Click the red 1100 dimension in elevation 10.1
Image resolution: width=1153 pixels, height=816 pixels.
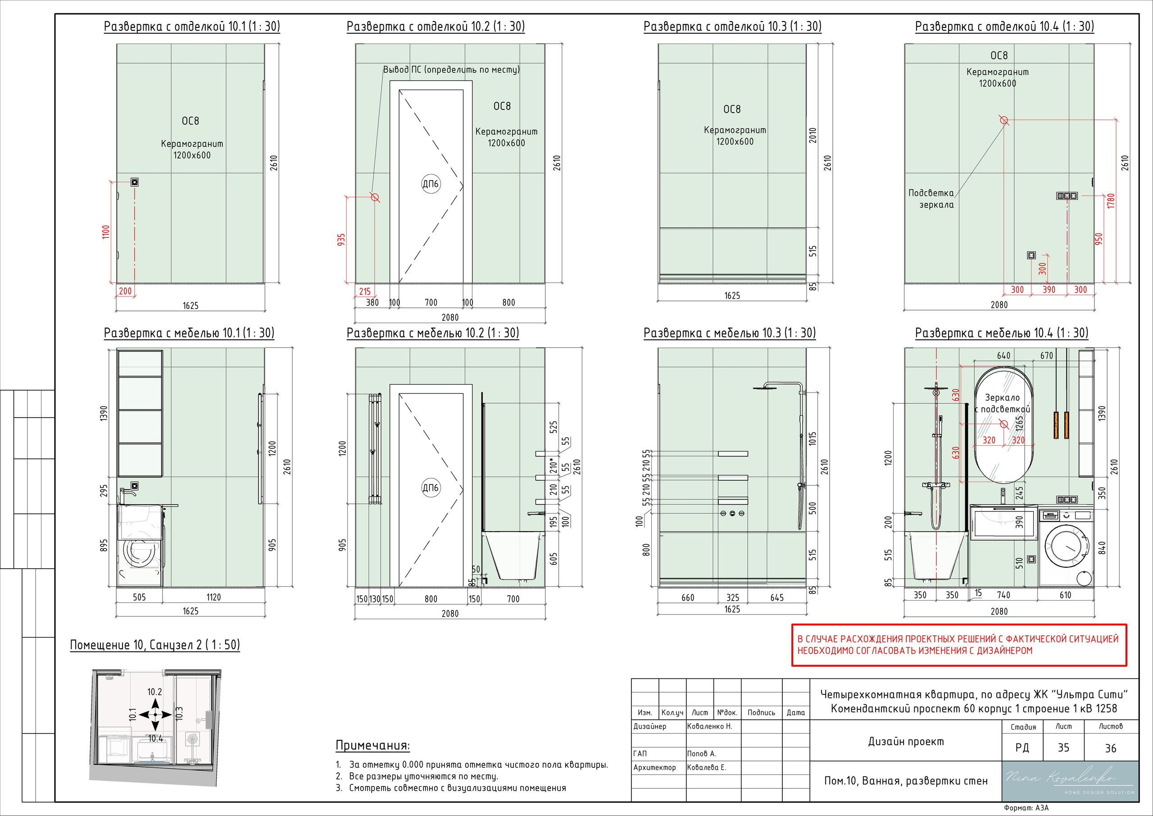point(106,232)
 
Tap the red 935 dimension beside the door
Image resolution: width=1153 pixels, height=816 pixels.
point(341,239)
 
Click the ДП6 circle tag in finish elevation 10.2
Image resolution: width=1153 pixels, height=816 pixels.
point(431,184)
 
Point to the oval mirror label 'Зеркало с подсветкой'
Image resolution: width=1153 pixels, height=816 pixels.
point(1003,403)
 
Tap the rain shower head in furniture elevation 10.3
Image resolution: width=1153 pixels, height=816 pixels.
point(765,387)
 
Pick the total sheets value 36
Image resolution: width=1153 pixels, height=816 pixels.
point(1110,748)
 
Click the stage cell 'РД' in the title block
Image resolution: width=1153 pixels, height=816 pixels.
point(1022,748)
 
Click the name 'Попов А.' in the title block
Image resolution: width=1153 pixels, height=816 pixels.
point(702,754)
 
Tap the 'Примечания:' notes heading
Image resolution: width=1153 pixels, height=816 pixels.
point(372,746)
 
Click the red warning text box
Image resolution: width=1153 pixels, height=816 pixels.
point(959,645)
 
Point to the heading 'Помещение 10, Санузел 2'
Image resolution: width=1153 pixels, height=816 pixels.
point(154,645)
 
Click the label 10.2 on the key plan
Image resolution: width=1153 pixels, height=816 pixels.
point(154,692)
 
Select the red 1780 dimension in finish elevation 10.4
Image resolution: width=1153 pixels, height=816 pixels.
point(1111,201)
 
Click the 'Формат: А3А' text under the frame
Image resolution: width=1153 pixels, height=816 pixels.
point(1026,808)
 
